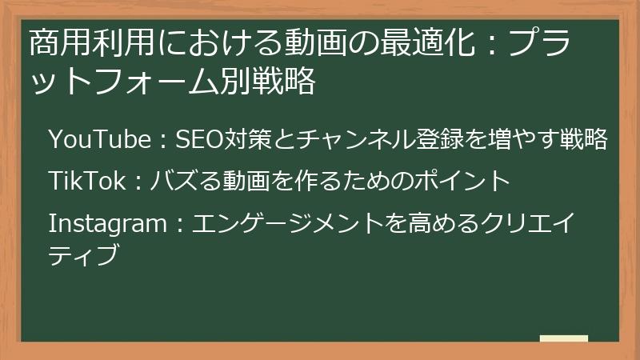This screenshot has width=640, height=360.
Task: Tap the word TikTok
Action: [x=86, y=181]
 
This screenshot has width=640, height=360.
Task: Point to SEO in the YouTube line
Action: [x=192, y=139]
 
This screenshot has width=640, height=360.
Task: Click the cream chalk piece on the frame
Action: [x=563, y=338]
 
